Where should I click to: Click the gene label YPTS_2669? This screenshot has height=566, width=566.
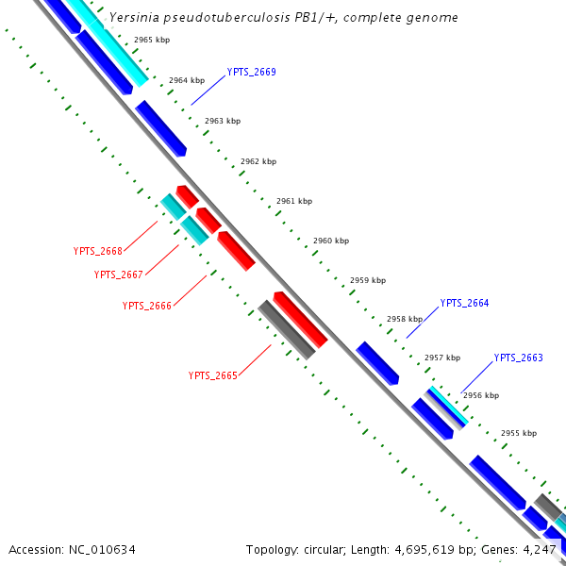point(251,73)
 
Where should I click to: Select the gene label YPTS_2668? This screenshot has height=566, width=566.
point(98,251)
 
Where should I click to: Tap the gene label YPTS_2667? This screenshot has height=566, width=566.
point(119,275)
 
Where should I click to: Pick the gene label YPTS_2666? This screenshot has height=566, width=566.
point(147,306)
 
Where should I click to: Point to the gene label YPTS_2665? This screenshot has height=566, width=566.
point(212,375)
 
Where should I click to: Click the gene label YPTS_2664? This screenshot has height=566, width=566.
point(464,303)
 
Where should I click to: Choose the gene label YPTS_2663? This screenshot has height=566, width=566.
point(519,358)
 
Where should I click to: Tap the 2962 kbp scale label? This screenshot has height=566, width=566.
point(258,161)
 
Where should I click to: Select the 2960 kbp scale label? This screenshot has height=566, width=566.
point(331,241)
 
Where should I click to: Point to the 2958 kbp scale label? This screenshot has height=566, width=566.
point(404,319)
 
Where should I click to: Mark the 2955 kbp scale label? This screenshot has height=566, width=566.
point(518,433)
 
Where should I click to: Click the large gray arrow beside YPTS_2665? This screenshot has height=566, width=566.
point(286,329)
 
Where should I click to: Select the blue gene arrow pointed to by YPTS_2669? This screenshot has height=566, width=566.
point(160,127)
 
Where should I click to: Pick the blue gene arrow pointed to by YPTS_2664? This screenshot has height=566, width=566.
point(376,363)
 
